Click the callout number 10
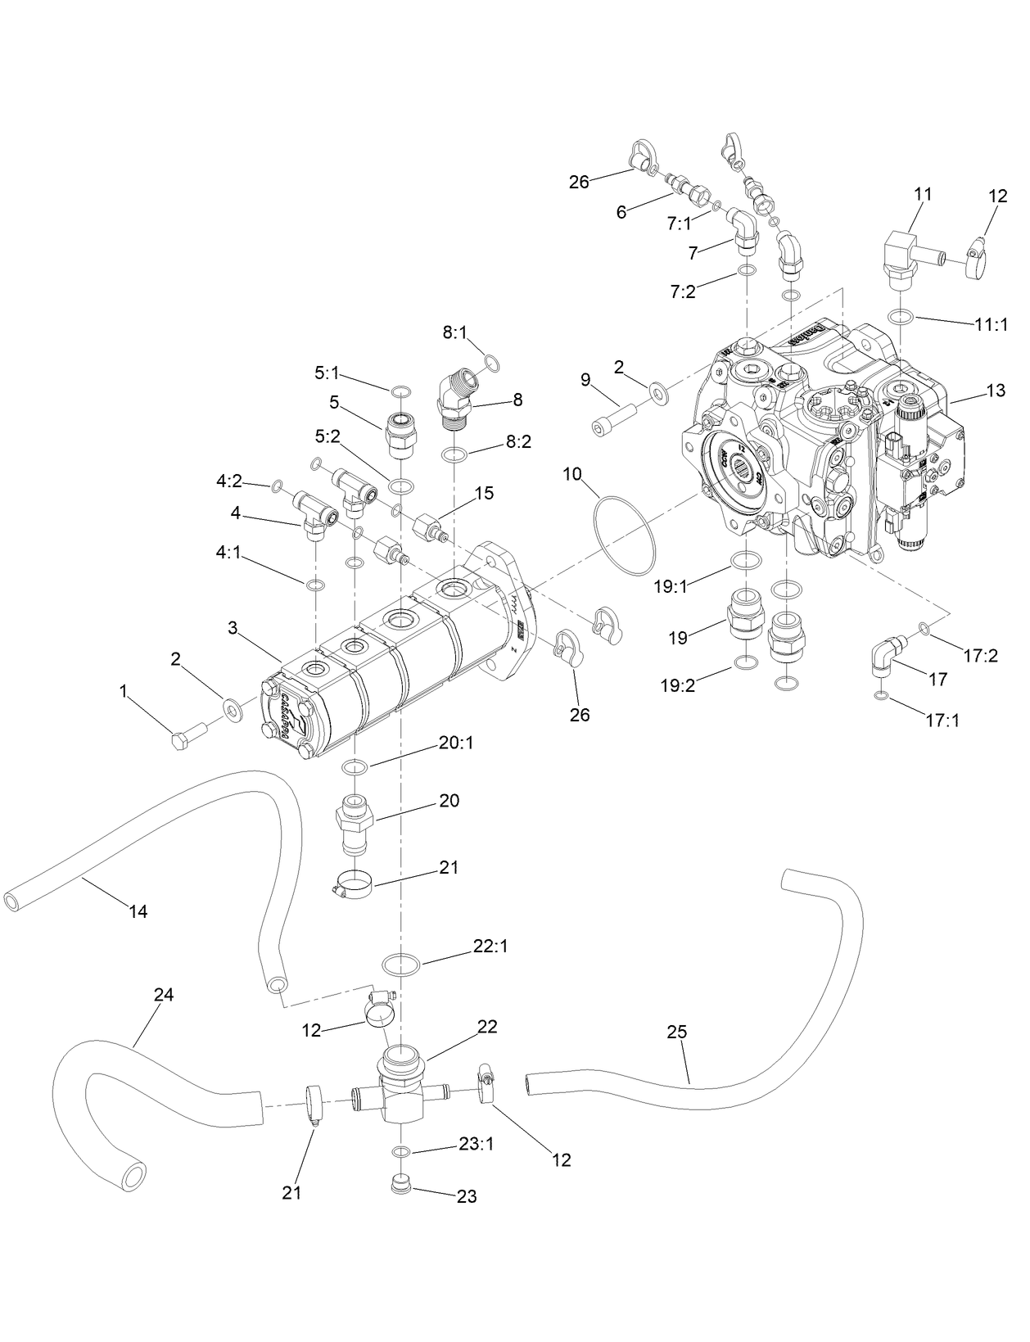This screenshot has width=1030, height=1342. [x=571, y=474]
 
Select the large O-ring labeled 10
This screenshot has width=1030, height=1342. [x=625, y=536]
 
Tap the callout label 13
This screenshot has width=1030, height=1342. [x=996, y=391]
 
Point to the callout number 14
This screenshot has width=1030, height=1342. [x=138, y=910]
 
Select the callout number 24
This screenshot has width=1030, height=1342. [x=164, y=995]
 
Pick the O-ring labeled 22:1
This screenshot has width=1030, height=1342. [x=400, y=964]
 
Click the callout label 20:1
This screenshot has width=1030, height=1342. [x=455, y=743]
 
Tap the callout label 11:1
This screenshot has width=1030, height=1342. [x=991, y=324]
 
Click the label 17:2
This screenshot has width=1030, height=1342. [x=981, y=655]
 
